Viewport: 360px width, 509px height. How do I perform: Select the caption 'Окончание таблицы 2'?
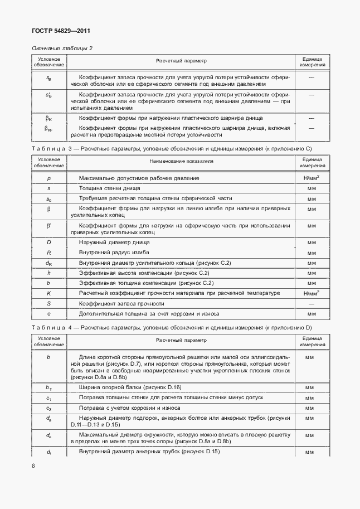point(62,48)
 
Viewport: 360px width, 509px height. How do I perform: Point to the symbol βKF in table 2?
point(48,129)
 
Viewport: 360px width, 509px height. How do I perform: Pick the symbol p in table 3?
point(48,178)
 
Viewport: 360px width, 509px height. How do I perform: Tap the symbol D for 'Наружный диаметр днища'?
point(48,243)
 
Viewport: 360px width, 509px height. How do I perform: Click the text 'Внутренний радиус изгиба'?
point(114,253)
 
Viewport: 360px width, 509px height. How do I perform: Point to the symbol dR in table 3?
point(48,263)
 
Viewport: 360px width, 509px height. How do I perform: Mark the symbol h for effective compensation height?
point(48,273)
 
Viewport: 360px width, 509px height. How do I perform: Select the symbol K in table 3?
point(48,293)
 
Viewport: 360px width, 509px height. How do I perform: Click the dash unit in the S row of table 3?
point(312,303)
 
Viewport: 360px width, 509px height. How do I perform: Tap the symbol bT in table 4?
point(48,387)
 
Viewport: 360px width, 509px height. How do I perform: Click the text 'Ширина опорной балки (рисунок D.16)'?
point(130,387)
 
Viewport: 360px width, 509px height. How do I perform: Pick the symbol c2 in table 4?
point(48,408)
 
